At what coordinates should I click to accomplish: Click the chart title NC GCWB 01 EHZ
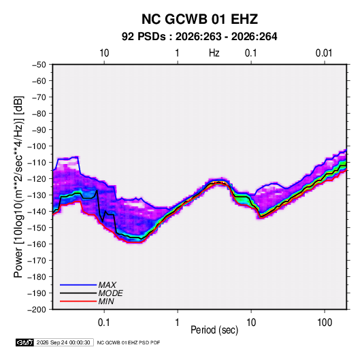click(199, 19)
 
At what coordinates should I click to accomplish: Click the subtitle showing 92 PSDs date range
click(199, 37)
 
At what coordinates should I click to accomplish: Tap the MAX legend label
click(107, 285)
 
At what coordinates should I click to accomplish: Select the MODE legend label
click(110, 293)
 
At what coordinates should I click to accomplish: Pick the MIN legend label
click(106, 301)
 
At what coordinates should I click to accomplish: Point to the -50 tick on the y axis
click(39, 65)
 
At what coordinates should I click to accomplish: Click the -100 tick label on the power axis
click(37, 146)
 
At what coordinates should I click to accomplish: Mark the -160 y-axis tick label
click(37, 244)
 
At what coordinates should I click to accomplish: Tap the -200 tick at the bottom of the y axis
click(37, 310)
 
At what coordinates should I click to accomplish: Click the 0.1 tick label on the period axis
click(104, 323)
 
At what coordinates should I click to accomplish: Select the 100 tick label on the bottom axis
click(325, 323)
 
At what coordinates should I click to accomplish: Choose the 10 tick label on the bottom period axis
click(251, 323)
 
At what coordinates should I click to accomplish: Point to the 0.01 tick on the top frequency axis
click(324, 53)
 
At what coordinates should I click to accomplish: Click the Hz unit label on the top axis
click(214, 53)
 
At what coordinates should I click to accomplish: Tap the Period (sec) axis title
click(214, 330)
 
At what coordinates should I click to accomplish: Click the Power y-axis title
click(18, 187)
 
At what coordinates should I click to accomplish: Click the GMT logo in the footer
click(25, 342)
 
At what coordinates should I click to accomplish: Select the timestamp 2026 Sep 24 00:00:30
click(63, 342)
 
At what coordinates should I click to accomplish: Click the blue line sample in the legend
click(78, 285)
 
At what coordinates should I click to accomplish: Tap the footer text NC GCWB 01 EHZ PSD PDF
click(129, 342)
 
